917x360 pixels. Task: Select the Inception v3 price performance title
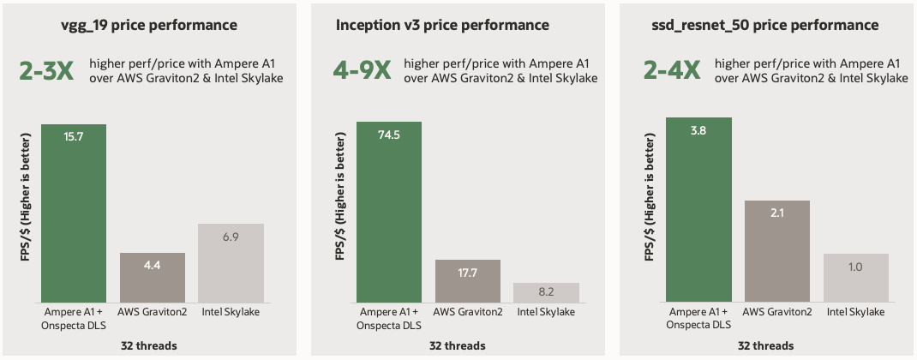(442, 25)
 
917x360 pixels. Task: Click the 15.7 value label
(74, 136)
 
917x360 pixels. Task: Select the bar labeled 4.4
(153, 277)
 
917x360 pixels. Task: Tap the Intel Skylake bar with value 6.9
(231, 262)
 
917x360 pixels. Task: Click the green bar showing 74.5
(389, 213)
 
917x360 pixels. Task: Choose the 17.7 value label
(468, 273)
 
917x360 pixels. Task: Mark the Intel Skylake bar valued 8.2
(546, 292)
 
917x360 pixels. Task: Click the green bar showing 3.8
(699, 209)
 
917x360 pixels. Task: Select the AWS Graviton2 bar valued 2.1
(777, 250)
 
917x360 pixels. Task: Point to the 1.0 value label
(855, 266)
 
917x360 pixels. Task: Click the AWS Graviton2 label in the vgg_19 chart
(153, 311)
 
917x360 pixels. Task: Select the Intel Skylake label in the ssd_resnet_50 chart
(855, 311)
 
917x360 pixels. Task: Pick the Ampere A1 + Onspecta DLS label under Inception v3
(389, 317)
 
